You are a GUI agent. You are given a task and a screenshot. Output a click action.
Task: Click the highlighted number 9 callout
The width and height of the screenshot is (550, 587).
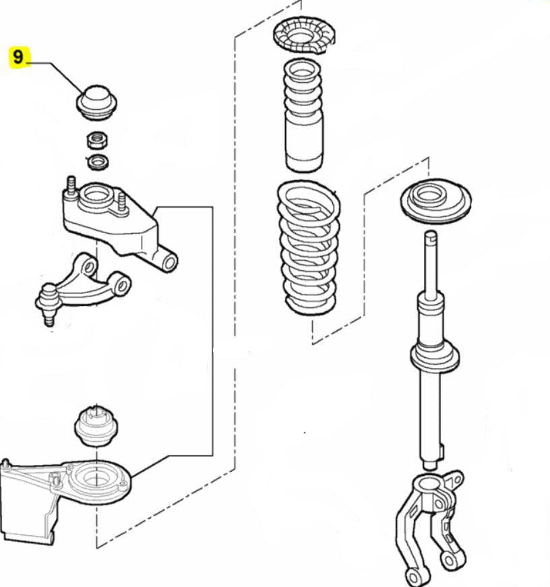point(18,57)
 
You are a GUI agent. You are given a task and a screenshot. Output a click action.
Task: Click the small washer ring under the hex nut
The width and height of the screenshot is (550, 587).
point(98,161)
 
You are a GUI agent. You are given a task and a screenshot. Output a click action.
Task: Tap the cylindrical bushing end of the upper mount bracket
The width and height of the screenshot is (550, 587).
point(167,260)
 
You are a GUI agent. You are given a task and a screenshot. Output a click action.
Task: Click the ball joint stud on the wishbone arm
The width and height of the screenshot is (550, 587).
point(47,307)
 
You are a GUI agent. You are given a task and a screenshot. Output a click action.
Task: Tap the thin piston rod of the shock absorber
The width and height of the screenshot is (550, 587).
point(431,263)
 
